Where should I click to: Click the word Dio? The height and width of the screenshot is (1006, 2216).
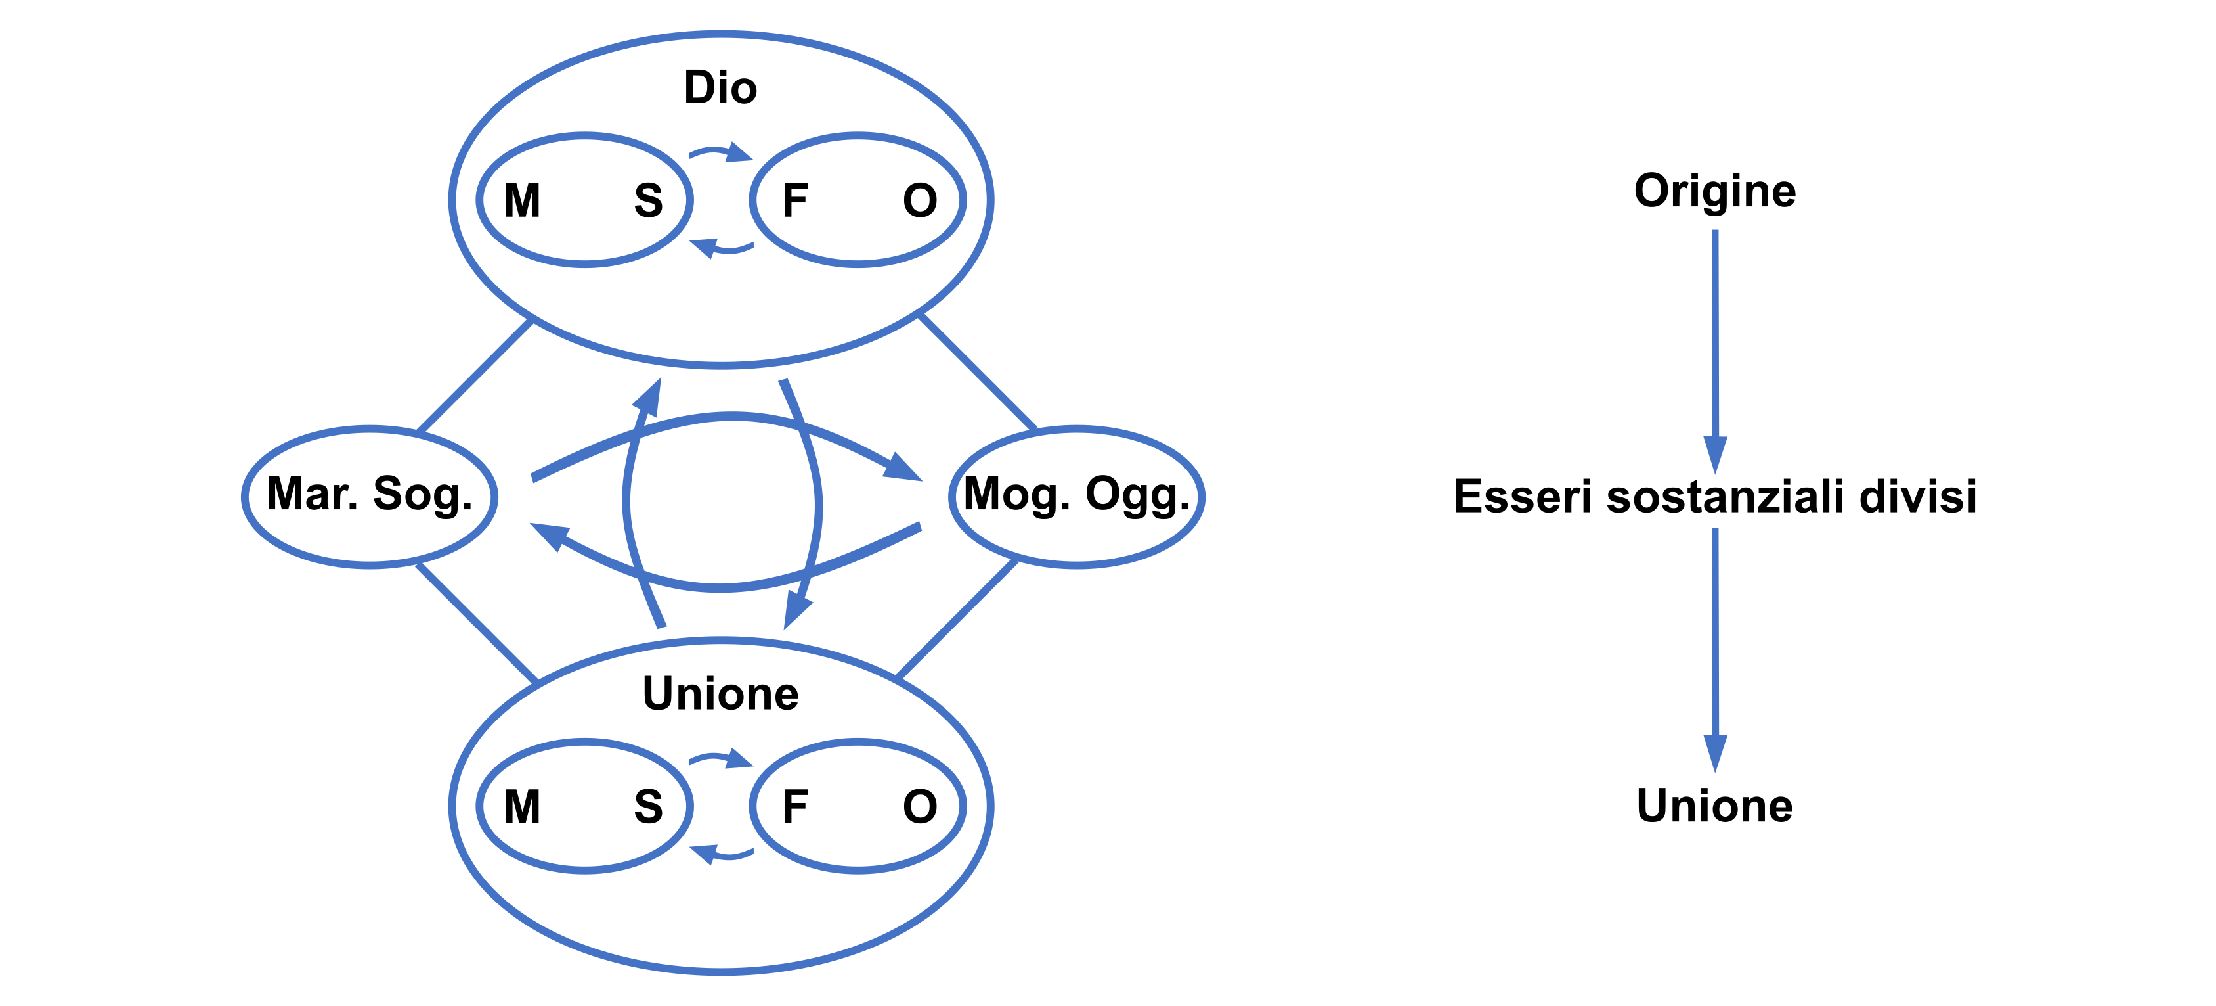tap(720, 88)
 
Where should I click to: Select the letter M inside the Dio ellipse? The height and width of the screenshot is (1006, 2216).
tap(522, 200)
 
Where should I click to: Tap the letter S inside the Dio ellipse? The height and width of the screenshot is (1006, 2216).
tap(648, 200)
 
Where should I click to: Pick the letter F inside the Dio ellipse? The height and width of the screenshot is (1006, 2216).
tap(794, 200)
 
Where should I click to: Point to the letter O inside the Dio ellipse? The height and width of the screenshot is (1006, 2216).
tap(920, 200)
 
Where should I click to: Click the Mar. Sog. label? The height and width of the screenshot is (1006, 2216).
tap(370, 494)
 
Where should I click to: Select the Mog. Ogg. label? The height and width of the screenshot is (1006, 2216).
tap(1076, 494)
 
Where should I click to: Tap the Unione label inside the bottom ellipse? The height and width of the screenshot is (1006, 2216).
tap(720, 694)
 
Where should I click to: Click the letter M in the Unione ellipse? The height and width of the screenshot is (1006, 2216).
tap(522, 806)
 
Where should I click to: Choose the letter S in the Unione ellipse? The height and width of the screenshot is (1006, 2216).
tap(648, 806)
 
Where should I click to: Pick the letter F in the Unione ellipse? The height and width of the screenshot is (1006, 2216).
tap(794, 806)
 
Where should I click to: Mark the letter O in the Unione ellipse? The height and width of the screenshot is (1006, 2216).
tap(920, 806)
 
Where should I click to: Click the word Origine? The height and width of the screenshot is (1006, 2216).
tap(1714, 190)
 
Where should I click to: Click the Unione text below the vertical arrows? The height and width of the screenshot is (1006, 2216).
tap(1714, 806)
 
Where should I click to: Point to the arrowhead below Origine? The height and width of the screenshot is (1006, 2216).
tap(1715, 453)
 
